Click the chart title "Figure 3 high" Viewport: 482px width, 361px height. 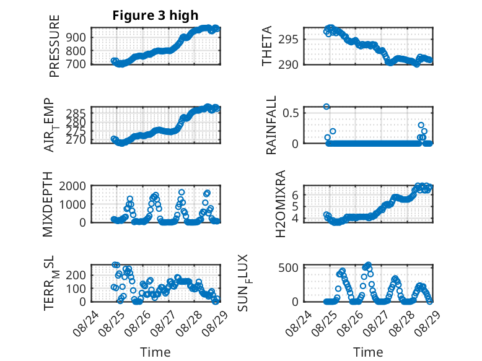[x=156, y=15]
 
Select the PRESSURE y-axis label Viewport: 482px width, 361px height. [x=54, y=46]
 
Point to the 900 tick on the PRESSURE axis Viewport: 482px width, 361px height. [x=76, y=37]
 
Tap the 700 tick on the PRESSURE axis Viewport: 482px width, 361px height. [x=76, y=64]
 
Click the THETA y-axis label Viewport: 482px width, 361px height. [x=267, y=46]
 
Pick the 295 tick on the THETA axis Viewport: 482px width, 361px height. [x=288, y=40]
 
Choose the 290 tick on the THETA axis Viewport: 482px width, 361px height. [x=288, y=64]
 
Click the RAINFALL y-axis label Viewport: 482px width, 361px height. [x=271, y=125]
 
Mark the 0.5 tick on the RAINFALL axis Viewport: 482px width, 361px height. [x=291, y=113]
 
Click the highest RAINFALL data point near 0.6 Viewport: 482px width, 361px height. [x=326, y=107]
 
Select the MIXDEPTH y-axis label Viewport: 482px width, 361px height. [x=48, y=204]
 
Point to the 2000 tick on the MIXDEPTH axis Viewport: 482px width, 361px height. [x=72, y=186]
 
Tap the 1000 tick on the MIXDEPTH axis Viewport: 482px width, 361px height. [x=72, y=204]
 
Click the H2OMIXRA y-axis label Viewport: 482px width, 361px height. [x=281, y=204]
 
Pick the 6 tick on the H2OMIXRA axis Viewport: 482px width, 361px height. [x=296, y=194]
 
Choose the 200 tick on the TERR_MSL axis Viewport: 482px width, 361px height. [x=76, y=275]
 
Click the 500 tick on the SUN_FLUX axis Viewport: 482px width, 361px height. [x=288, y=267]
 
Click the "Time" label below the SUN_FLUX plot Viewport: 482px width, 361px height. [x=368, y=352]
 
